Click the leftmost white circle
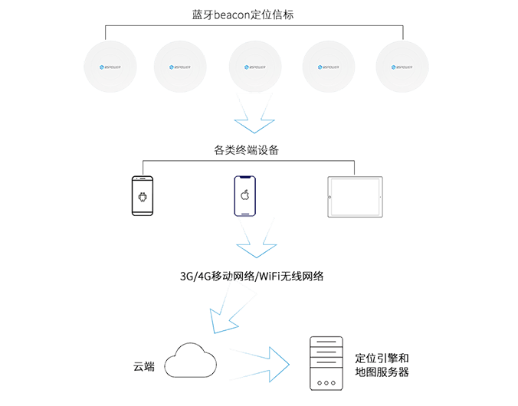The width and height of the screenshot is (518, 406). pyautogui.click(x=110, y=67)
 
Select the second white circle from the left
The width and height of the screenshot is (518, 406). pyautogui.click(x=181, y=67)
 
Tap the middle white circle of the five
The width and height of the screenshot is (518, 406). pyautogui.click(x=255, y=67)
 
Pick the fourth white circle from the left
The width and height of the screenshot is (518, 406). pyautogui.click(x=329, y=67)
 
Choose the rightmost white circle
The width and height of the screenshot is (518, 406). pyautogui.click(x=402, y=67)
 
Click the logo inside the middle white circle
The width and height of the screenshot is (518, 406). pyautogui.click(x=255, y=67)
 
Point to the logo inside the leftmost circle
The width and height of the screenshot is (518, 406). pyautogui.click(x=110, y=67)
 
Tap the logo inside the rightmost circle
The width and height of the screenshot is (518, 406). pyautogui.click(x=402, y=67)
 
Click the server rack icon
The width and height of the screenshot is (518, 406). pyautogui.click(x=325, y=363)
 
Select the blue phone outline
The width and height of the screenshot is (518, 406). pyautogui.click(x=245, y=195)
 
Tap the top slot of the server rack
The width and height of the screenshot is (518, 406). pyautogui.click(x=325, y=342)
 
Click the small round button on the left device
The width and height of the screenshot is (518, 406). pyautogui.click(x=142, y=197)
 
